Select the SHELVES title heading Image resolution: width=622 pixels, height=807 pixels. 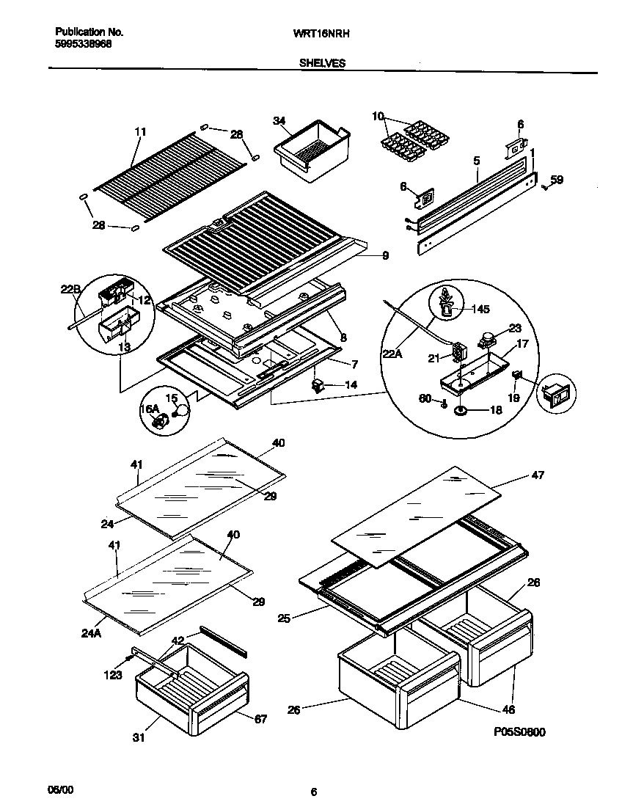click(x=322, y=64)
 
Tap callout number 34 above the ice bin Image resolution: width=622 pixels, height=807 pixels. click(x=279, y=121)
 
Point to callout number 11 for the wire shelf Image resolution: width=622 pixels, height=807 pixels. click(x=141, y=132)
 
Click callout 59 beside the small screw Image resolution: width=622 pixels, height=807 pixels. click(x=557, y=179)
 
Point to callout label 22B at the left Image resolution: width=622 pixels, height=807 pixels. click(x=70, y=289)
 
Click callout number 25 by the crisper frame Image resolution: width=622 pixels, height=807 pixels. click(x=285, y=618)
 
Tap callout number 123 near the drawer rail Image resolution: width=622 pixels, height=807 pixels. click(x=112, y=675)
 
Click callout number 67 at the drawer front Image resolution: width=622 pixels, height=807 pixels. click(x=260, y=719)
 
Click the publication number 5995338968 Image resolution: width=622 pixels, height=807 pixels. click(x=84, y=44)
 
